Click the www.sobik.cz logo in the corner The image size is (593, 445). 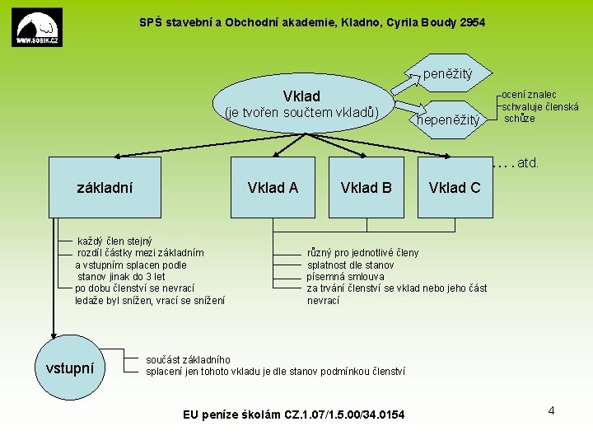point(37,28)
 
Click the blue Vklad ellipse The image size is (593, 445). point(301,105)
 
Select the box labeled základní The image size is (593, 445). point(105,188)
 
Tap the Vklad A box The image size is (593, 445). point(273,188)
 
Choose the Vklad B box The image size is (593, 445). point(366,188)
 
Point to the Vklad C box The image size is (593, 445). point(455,188)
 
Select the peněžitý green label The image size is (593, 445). point(447,74)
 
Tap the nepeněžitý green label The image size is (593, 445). point(449,120)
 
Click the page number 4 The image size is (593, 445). point(551,410)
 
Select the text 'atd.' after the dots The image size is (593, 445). point(528,163)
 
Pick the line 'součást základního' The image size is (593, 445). point(189,359)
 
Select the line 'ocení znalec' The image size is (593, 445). point(530,96)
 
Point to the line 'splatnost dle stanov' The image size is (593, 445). point(351,265)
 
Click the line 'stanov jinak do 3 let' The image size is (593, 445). point(121,277)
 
